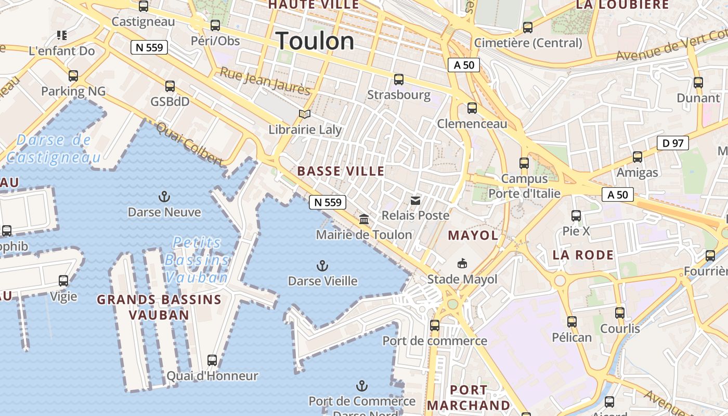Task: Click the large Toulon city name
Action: (315, 41)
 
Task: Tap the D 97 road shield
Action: (672, 143)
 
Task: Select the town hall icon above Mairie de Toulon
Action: (364, 219)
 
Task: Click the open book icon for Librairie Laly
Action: (305, 114)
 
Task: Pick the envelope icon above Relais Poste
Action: (415, 200)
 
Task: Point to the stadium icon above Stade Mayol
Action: (462, 264)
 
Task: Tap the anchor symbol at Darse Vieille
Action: (322, 266)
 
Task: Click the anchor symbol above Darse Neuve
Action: (164, 197)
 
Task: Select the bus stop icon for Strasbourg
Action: (399, 80)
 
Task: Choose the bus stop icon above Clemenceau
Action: (472, 108)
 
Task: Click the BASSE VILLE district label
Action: (341, 171)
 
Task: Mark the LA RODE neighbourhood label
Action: (583, 255)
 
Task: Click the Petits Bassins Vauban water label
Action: (197, 259)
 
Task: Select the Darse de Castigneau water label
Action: (53, 148)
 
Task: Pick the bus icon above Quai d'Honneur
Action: (212, 360)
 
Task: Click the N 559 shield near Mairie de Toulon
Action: (328, 202)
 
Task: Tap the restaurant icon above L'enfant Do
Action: (62, 35)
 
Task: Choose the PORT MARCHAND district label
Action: (469, 397)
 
